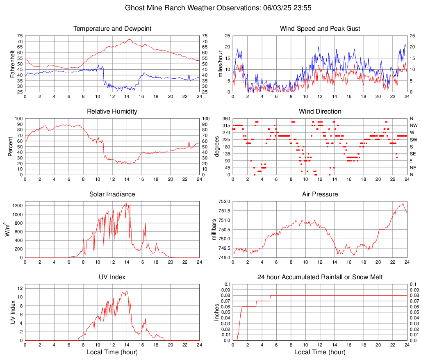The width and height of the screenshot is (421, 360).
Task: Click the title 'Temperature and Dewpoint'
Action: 112,29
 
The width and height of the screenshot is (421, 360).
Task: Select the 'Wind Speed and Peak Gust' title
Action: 320,29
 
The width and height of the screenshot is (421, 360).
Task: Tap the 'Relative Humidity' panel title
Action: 112,112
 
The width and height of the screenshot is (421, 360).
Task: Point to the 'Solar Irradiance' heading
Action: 112,194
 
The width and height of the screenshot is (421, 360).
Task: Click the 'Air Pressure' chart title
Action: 320,194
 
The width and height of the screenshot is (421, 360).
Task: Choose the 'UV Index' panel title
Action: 112,277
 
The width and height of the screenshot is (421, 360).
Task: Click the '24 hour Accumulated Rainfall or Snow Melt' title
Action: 320,277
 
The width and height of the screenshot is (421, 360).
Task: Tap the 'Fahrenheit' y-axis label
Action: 12,64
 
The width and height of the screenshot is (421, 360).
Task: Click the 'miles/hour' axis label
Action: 220,64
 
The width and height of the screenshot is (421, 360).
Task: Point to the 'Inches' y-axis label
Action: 217,312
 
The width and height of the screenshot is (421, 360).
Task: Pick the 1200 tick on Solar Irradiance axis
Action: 17,203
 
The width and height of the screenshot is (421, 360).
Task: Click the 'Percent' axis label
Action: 10,147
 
